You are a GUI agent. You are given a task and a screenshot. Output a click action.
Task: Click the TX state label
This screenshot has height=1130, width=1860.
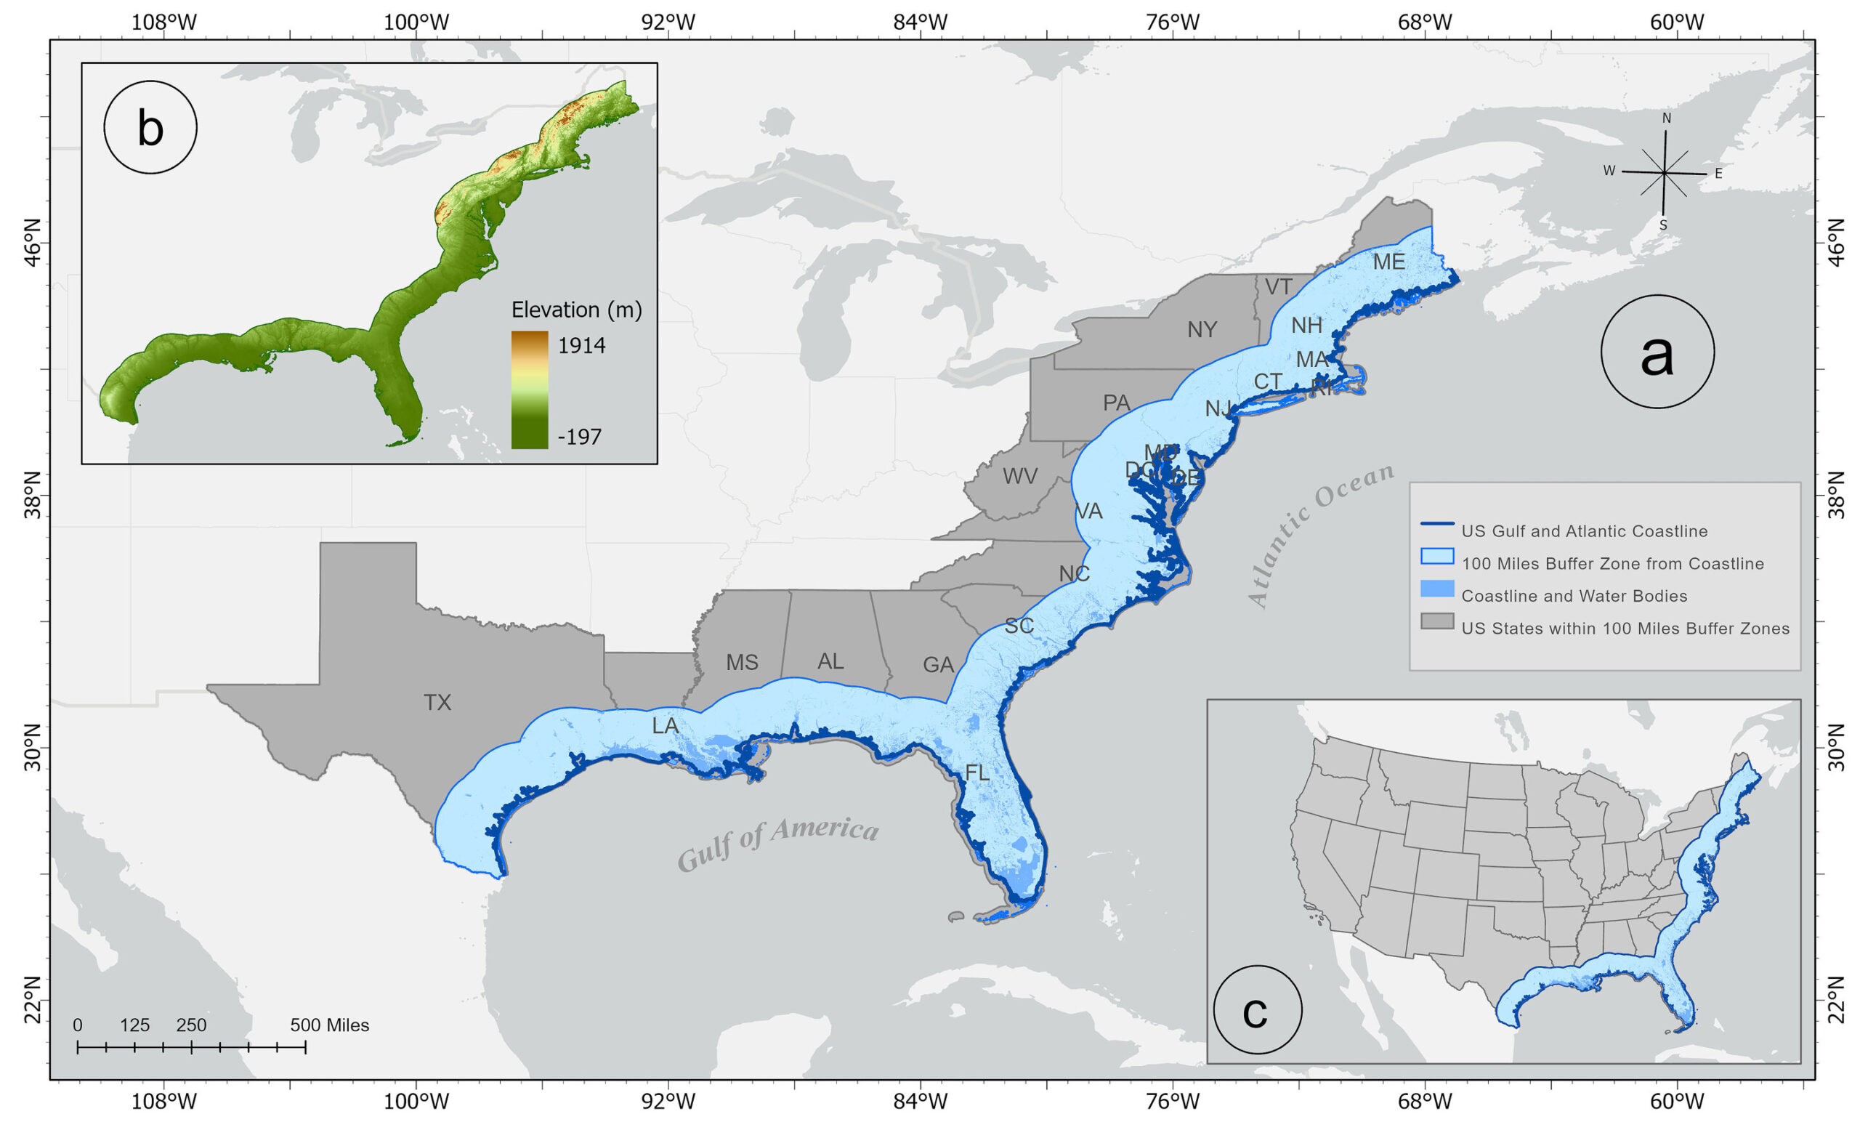coord(437,703)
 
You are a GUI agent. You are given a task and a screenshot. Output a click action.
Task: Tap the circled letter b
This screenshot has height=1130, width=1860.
coord(150,128)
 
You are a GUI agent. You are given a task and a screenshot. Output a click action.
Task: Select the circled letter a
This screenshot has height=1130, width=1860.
coord(1657,352)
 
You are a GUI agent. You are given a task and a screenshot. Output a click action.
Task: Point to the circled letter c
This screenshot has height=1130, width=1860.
coord(1257,1010)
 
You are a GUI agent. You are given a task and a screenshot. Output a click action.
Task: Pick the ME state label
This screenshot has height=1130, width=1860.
coord(1388,262)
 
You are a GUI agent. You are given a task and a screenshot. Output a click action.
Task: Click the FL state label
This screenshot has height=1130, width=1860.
coord(976,772)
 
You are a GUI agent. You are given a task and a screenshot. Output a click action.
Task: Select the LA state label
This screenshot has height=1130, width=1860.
coord(665,725)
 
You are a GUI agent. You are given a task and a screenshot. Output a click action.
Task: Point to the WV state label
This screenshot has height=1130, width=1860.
coord(1020,476)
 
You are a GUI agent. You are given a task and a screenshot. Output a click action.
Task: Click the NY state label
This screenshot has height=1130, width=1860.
coord(1202,330)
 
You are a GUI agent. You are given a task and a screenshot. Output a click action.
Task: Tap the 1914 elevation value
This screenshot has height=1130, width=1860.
coord(582,346)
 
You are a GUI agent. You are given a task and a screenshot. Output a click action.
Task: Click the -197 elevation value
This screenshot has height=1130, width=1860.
coord(579,436)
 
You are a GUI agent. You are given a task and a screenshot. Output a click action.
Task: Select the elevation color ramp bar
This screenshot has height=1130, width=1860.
coord(529,390)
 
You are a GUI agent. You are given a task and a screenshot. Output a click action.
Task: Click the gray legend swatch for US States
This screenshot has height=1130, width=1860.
coord(1436,621)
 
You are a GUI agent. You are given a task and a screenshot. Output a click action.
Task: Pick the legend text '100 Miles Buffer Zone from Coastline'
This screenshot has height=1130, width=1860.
coord(1612,564)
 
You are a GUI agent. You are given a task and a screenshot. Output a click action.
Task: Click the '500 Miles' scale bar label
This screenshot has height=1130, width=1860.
coord(330,1025)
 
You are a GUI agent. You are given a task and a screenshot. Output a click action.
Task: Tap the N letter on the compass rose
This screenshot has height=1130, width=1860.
coord(1666,118)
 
